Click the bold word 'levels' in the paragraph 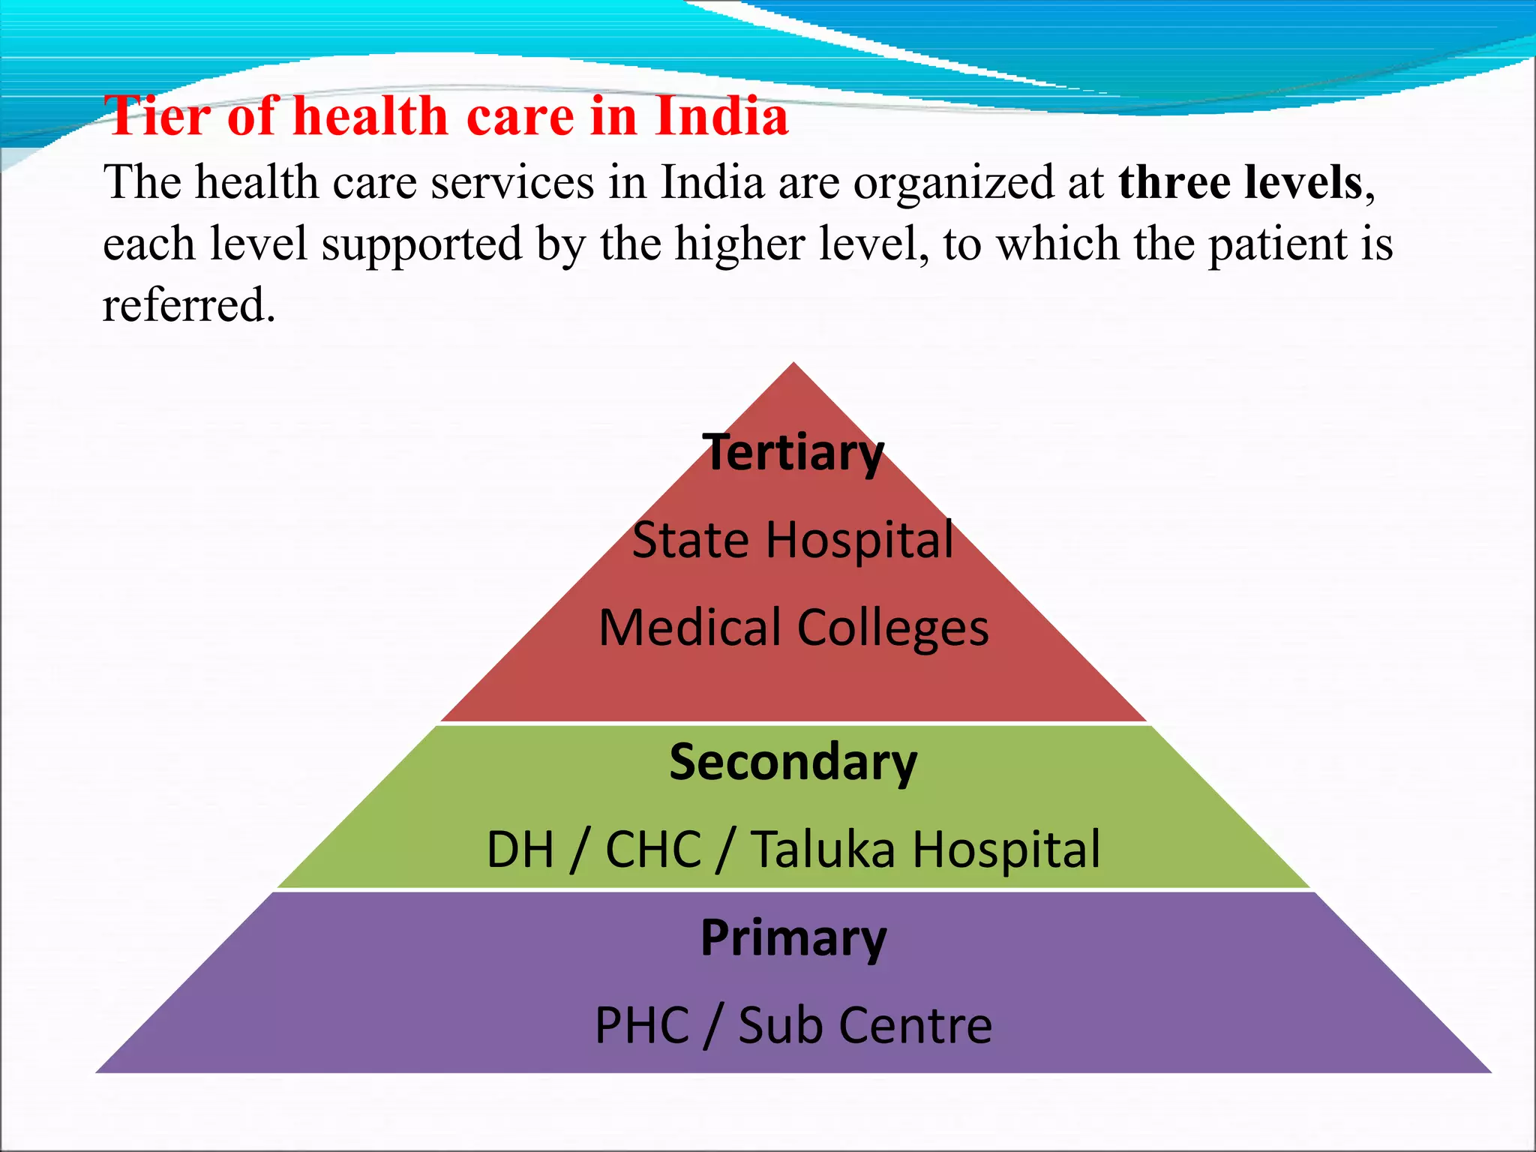(1303, 182)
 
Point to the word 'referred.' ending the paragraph (189, 305)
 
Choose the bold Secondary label (793, 762)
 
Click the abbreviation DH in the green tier (520, 850)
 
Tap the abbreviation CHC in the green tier (653, 850)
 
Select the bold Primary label (793, 937)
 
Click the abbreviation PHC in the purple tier (642, 1025)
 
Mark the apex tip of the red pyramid (793, 365)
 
